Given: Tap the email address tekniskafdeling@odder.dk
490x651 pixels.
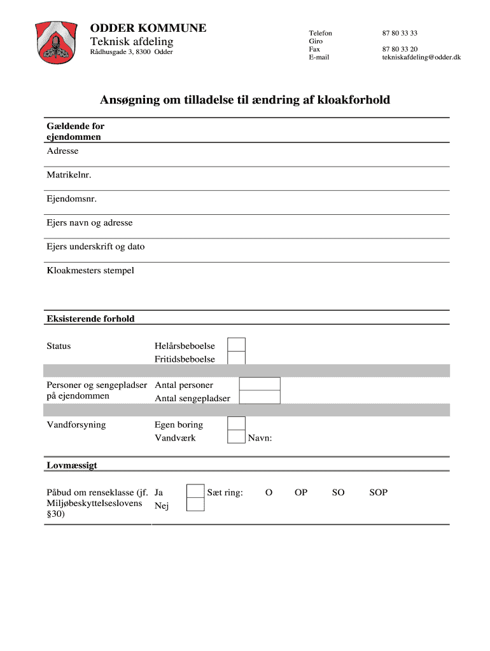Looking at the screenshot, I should (421, 57).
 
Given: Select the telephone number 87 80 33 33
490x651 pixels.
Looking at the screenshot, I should (400, 32).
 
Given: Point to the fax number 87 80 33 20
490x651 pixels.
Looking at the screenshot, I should (400, 49).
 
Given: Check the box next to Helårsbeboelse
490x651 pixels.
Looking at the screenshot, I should (237, 345).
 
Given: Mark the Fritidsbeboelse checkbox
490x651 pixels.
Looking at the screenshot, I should (237, 358).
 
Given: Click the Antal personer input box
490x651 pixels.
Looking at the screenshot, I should (260, 383).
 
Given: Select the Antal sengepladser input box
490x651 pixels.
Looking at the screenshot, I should (260, 397).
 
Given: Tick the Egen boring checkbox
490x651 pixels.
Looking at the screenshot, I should (236, 423).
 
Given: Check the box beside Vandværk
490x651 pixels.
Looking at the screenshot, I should (236, 437).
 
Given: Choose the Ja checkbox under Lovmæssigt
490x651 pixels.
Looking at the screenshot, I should (195, 491).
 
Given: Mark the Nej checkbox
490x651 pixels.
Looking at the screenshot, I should (195, 505).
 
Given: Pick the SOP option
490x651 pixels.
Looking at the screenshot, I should (378, 493).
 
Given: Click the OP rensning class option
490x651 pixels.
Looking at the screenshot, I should (301, 493).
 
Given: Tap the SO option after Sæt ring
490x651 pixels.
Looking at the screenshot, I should (339, 493).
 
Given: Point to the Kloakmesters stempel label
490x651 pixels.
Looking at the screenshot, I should (90, 271).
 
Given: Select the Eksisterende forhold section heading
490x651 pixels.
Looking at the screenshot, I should (90, 319).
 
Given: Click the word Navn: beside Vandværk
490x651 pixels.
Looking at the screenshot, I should (260, 438).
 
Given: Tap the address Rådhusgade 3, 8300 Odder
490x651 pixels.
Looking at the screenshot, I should (131, 52).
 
